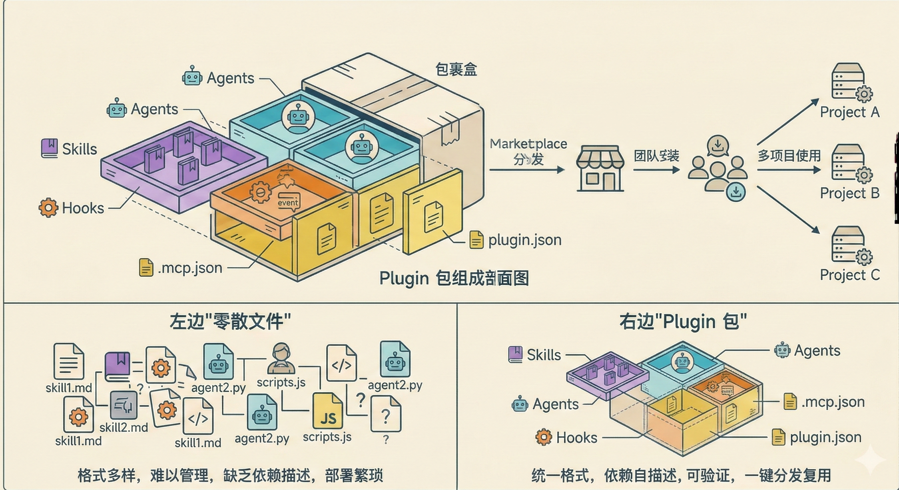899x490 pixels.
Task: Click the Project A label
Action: (x=849, y=112)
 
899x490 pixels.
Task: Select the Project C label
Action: (x=849, y=275)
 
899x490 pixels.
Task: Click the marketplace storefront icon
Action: (x=600, y=168)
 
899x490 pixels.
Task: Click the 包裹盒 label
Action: (x=456, y=70)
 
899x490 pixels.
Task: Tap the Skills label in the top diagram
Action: (x=79, y=149)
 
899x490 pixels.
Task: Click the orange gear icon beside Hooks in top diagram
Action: (x=48, y=208)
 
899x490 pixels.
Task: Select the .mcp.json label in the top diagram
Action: (x=190, y=268)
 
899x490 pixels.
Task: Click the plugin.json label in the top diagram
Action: (x=524, y=240)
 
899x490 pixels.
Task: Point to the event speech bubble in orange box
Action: (x=288, y=202)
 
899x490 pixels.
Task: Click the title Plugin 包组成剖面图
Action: (x=454, y=279)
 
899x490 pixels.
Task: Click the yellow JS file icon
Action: (x=328, y=412)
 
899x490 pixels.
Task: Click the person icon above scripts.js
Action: (x=281, y=358)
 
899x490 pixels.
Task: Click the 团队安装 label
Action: (x=656, y=156)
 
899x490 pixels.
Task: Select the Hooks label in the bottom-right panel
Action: (x=577, y=438)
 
